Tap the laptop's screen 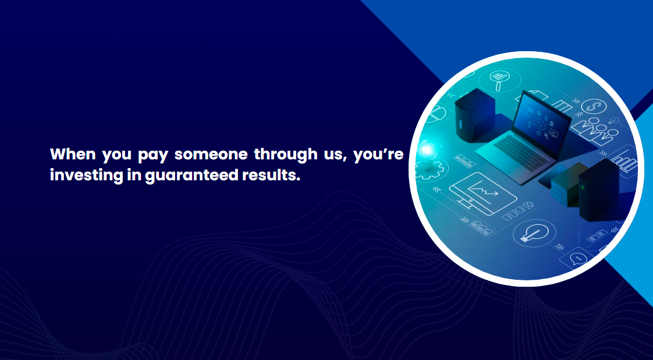click(541, 117)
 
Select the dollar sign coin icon click(591, 106)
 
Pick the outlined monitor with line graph click(482, 194)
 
